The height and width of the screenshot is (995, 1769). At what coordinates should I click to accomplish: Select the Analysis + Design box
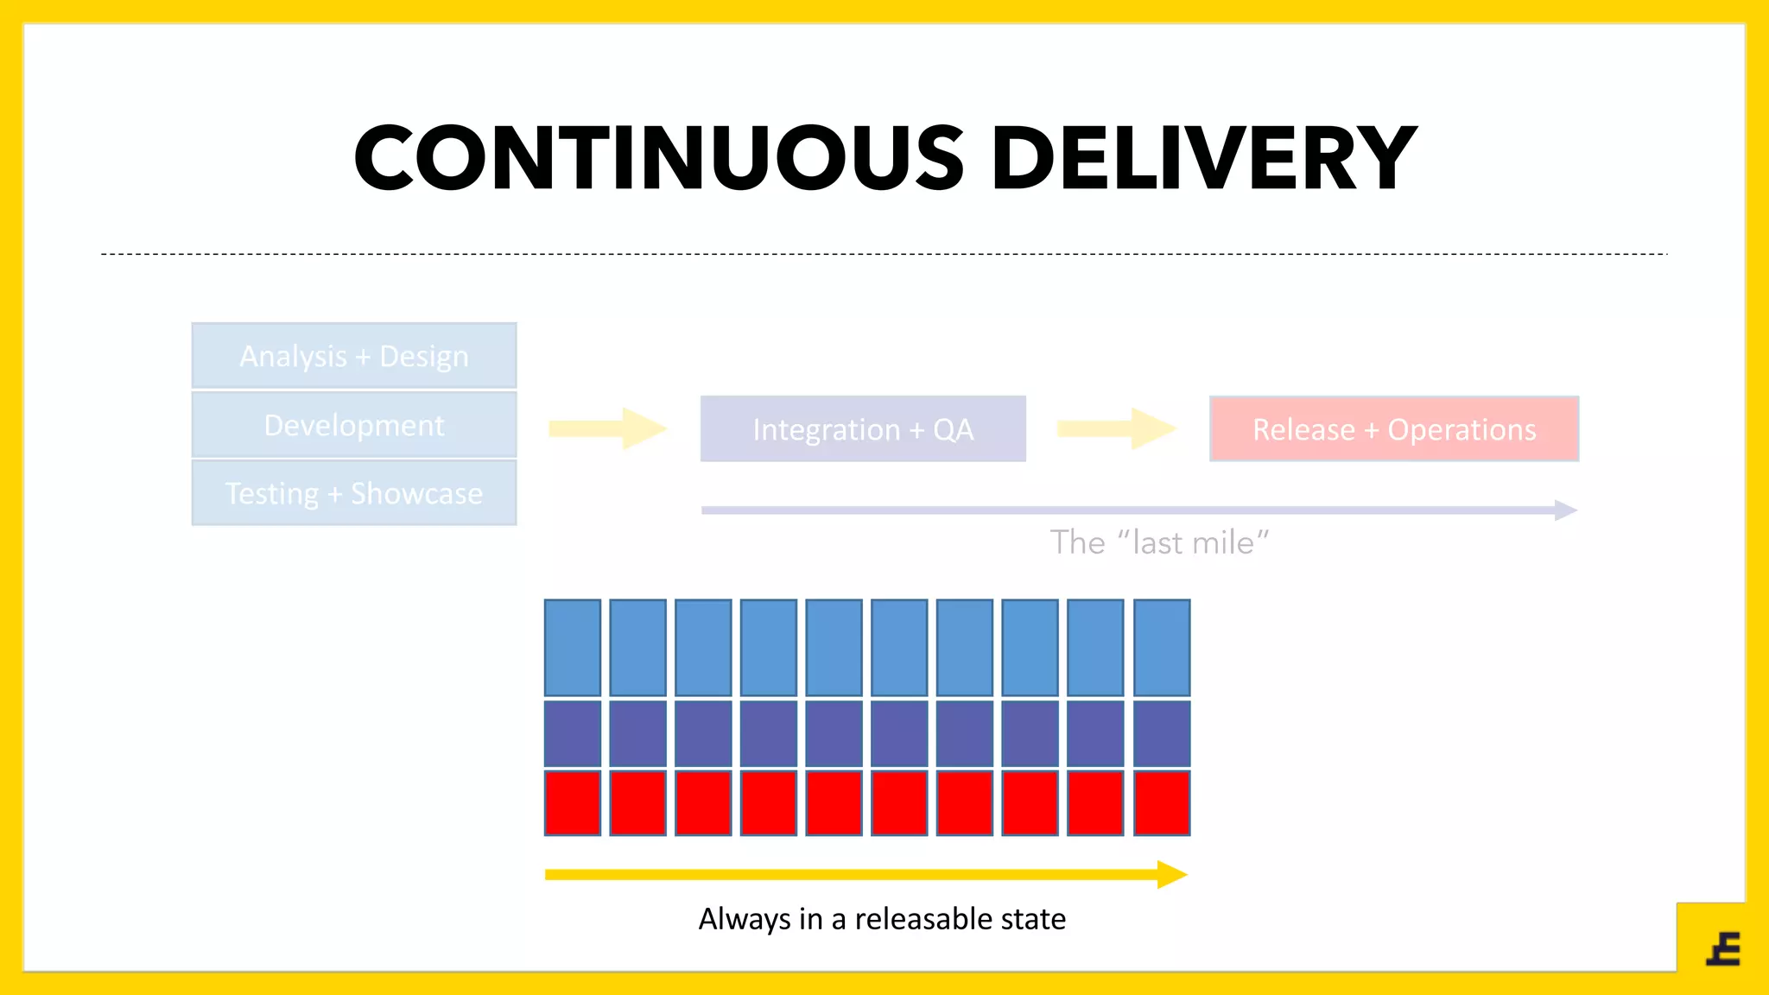click(x=354, y=356)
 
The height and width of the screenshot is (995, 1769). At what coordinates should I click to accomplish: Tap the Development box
click(x=354, y=425)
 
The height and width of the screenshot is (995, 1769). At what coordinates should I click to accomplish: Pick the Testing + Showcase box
click(x=354, y=493)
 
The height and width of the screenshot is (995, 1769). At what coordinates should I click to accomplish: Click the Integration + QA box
click(x=863, y=429)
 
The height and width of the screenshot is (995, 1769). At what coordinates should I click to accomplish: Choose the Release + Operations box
click(x=1394, y=429)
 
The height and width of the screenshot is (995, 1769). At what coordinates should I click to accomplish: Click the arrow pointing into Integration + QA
click(x=607, y=428)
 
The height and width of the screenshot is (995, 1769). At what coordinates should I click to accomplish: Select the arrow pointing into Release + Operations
click(x=1115, y=428)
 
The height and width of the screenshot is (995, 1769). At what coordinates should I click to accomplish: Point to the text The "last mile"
click(x=1159, y=543)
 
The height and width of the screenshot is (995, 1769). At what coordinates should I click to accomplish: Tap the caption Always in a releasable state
click(x=882, y=919)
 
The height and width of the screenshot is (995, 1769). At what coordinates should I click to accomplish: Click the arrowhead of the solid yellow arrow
click(x=1171, y=874)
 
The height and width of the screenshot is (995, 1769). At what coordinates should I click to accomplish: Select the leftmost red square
click(x=573, y=803)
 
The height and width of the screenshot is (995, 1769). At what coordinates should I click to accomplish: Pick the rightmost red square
click(x=1162, y=803)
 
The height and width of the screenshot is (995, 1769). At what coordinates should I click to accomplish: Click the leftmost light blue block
click(x=573, y=648)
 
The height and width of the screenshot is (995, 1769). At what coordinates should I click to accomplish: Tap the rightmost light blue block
click(x=1162, y=648)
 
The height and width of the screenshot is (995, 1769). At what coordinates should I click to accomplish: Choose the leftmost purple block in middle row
click(x=573, y=733)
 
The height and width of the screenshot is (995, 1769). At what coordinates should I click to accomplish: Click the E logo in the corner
click(x=1723, y=948)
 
